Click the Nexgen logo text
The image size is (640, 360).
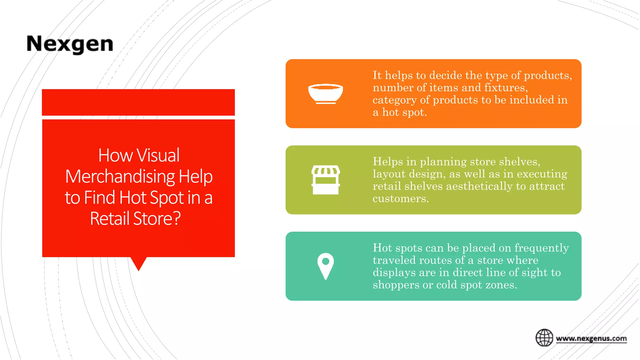(70, 44)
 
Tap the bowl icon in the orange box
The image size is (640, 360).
(325, 93)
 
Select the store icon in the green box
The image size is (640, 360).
(325, 180)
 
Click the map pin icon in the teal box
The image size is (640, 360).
(325, 266)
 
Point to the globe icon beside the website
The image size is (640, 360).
(544, 338)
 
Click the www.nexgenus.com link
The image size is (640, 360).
(591, 338)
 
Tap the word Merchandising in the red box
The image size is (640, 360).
(120, 177)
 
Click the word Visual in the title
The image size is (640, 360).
(158, 155)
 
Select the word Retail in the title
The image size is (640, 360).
(109, 218)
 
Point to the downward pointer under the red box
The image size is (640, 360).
(138, 263)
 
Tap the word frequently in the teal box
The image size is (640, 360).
(542, 248)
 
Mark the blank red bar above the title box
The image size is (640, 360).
(138, 102)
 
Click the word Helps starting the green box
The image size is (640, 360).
(388, 162)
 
